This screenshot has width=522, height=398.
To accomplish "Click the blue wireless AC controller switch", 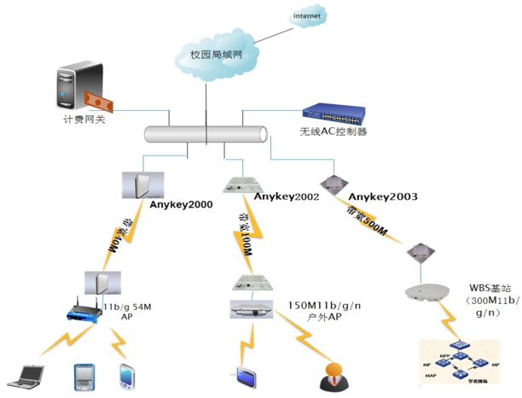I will tap(335, 113).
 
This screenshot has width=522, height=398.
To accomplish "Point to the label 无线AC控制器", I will tap(333, 132).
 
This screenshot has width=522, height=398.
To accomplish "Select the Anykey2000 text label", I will tap(180, 205).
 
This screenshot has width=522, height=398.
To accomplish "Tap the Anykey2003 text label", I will tap(383, 196).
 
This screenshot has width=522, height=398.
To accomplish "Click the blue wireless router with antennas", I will tap(85, 313).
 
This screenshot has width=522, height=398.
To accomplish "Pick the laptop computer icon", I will tap(23, 373).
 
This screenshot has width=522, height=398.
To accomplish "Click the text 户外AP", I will tap(324, 317).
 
